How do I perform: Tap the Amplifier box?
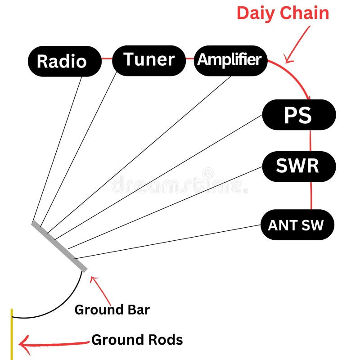click(230, 60)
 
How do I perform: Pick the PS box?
click(298, 115)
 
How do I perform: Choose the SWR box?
click(298, 166)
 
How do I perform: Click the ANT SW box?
click(297, 225)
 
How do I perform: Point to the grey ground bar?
click(59, 247)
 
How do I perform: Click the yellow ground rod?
click(12, 333)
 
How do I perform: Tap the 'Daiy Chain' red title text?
click(283, 13)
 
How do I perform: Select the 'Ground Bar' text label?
click(112, 310)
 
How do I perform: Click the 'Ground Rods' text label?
click(137, 340)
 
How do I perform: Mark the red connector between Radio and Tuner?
click(107, 58)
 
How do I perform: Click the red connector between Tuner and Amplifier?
click(189, 58)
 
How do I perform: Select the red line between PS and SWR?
click(310, 140)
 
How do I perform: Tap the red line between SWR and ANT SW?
click(311, 195)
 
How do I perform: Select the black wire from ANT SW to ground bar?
click(166, 242)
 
